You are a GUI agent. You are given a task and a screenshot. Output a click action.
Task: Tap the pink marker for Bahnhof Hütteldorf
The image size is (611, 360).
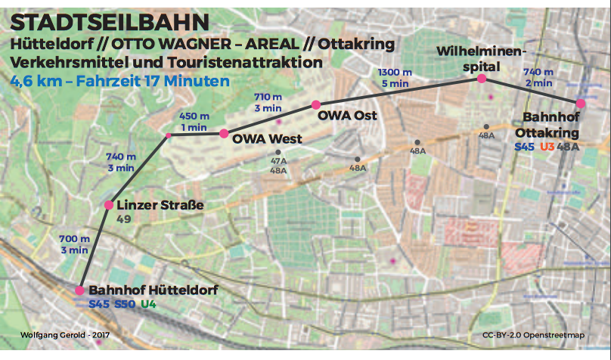(x=79, y=290)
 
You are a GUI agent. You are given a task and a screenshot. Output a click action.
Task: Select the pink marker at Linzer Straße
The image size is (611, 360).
(x=109, y=205)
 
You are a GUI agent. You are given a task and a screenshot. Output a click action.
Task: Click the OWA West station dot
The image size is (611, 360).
(x=224, y=134)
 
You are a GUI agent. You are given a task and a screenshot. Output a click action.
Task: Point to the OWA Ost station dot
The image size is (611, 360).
(x=316, y=104)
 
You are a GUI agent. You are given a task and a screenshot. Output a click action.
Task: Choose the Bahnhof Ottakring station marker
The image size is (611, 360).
(x=580, y=104)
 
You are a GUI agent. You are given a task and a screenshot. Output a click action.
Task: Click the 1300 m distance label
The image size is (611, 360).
(x=394, y=72)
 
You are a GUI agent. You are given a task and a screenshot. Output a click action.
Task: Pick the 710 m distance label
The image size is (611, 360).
(x=265, y=98)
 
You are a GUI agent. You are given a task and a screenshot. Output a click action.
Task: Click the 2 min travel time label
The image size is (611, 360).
(x=538, y=82)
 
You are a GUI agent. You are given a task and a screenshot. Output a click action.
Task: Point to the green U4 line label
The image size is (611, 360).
(x=148, y=305)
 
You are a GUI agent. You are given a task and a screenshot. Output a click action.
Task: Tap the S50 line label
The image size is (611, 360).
(x=124, y=305)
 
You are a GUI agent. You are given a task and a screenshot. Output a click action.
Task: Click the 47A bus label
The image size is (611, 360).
(x=278, y=161)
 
